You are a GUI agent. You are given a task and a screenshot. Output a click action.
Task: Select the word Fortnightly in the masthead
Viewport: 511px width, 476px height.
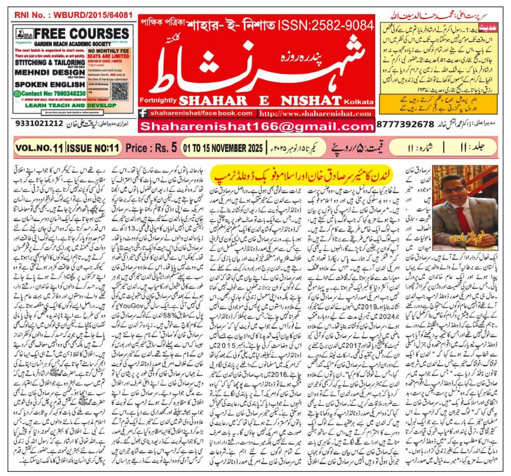(x=156, y=100)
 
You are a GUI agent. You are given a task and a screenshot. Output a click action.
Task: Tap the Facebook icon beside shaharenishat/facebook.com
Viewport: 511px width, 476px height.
(x=144, y=114)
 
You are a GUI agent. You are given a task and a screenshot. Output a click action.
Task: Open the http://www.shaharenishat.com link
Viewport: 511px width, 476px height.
(x=316, y=114)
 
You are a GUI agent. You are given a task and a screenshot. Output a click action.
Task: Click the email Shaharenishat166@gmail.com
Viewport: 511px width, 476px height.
(x=256, y=126)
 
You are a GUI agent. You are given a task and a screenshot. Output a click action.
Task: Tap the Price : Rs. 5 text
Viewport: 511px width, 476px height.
(x=151, y=148)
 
